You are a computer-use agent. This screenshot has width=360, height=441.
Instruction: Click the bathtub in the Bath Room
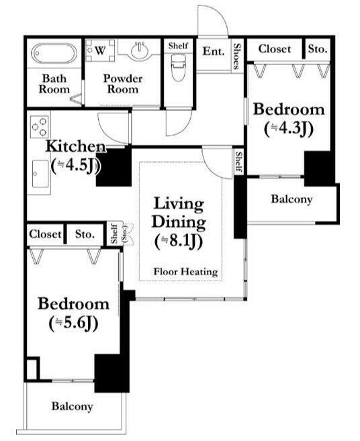pyautogui.click(x=54, y=54)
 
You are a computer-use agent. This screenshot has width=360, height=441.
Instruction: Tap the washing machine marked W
pyautogui.click(x=100, y=50)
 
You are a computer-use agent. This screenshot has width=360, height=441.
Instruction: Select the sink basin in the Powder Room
pyautogui.click(x=140, y=51)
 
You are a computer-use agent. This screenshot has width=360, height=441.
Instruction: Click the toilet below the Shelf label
pyautogui.click(x=178, y=67)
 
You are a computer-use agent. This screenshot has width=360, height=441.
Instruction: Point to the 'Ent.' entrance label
pyautogui.click(x=214, y=51)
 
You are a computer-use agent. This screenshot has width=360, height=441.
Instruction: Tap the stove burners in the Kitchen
pyautogui.click(x=39, y=127)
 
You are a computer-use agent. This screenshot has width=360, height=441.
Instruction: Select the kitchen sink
pyautogui.click(x=40, y=174)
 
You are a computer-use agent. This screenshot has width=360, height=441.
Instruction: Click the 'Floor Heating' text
pyautogui.click(x=186, y=272)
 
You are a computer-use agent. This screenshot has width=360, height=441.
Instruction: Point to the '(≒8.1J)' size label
pyautogui.click(x=179, y=241)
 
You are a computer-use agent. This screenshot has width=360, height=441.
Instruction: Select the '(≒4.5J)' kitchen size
pyautogui.click(x=75, y=165)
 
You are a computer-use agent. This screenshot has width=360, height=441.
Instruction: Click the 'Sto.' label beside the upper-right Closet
pyautogui.click(x=318, y=49)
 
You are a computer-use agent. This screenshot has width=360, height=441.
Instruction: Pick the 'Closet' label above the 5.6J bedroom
pyautogui.click(x=45, y=234)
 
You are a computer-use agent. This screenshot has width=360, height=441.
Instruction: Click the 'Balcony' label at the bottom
pyautogui.click(x=72, y=406)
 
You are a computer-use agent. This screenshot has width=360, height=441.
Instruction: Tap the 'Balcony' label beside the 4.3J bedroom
pyautogui.click(x=291, y=199)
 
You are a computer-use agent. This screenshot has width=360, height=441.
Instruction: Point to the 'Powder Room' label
pyautogui.click(x=123, y=83)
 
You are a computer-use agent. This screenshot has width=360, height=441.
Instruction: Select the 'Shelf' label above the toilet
pyautogui.click(x=178, y=46)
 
